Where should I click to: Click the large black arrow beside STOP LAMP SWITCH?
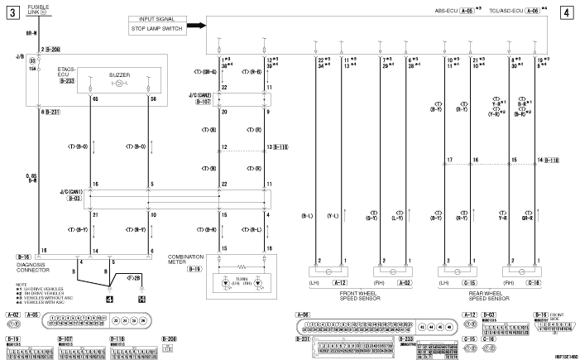pyautogui.click(x=196, y=25)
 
